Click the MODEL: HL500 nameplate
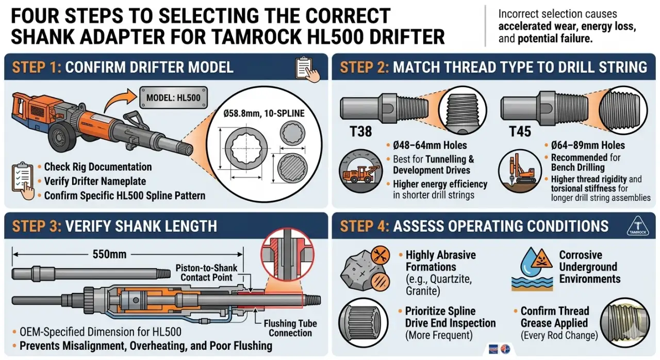coord(173,97)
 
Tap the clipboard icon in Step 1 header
coord(306,69)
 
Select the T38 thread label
coord(361,131)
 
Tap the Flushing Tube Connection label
coord(290,329)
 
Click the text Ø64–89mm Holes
coord(588,145)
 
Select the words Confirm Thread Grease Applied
coord(554,317)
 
